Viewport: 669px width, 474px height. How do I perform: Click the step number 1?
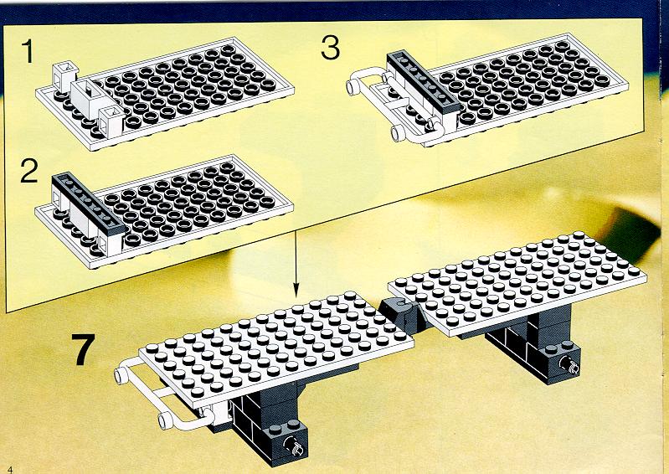pos(28,51)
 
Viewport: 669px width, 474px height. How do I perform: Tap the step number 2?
pos(29,171)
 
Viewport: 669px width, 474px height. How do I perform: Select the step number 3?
pos(331,48)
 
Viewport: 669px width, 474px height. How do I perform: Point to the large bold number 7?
pos(83,349)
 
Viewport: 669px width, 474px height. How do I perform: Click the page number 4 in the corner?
pos(10,469)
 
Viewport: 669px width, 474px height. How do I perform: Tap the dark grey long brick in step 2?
pos(89,202)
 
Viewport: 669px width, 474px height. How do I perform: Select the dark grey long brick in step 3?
pos(424,81)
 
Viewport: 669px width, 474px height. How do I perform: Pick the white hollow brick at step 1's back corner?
pos(65,76)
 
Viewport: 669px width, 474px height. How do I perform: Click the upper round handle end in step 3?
pos(353,87)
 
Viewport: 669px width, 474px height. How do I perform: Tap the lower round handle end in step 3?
pos(398,133)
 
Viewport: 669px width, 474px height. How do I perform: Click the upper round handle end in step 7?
pos(121,376)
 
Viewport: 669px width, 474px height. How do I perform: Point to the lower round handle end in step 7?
pos(166,420)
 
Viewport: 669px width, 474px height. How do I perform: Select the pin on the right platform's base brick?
pos(569,364)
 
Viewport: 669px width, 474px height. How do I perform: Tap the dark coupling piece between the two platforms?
pos(399,316)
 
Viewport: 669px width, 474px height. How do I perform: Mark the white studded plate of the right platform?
pos(517,283)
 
